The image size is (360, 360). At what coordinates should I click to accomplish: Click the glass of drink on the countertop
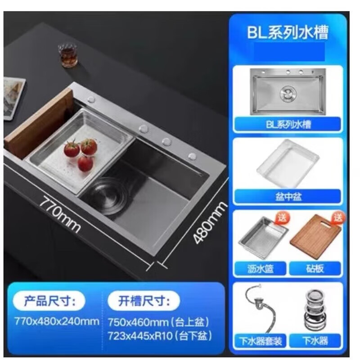coord(68,54)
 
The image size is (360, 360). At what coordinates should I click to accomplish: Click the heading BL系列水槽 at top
coord(288,32)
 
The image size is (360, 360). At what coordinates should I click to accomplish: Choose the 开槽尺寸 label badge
coord(144,300)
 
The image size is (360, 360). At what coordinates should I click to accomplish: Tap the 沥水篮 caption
coord(260,269)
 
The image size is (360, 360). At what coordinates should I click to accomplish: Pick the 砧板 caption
coord(315,269)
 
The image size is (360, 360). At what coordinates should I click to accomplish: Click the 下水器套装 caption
coord(260,341)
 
